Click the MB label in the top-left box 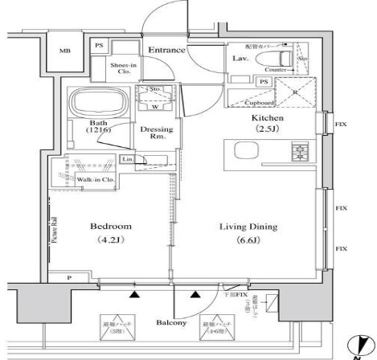tap(64, 51)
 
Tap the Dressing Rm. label tap(153, 133)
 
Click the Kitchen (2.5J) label tap(268, 123)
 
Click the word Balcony tap(171, 322)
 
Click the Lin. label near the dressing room tap(127, 160)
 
